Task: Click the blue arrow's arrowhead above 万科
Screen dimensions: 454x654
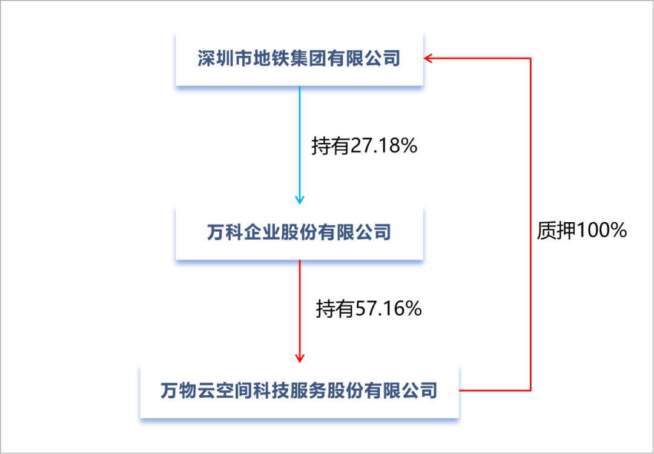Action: (x=299, y=199)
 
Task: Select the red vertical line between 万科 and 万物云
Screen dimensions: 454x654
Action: (x=299, y=309)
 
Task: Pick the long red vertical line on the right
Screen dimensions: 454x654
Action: (x=530, y=224)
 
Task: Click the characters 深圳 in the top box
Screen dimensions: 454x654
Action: (x=217, y=59)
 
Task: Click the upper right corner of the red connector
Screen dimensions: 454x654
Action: (x=530, y=59)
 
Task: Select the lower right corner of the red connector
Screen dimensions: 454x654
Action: (x=530, y=390)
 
